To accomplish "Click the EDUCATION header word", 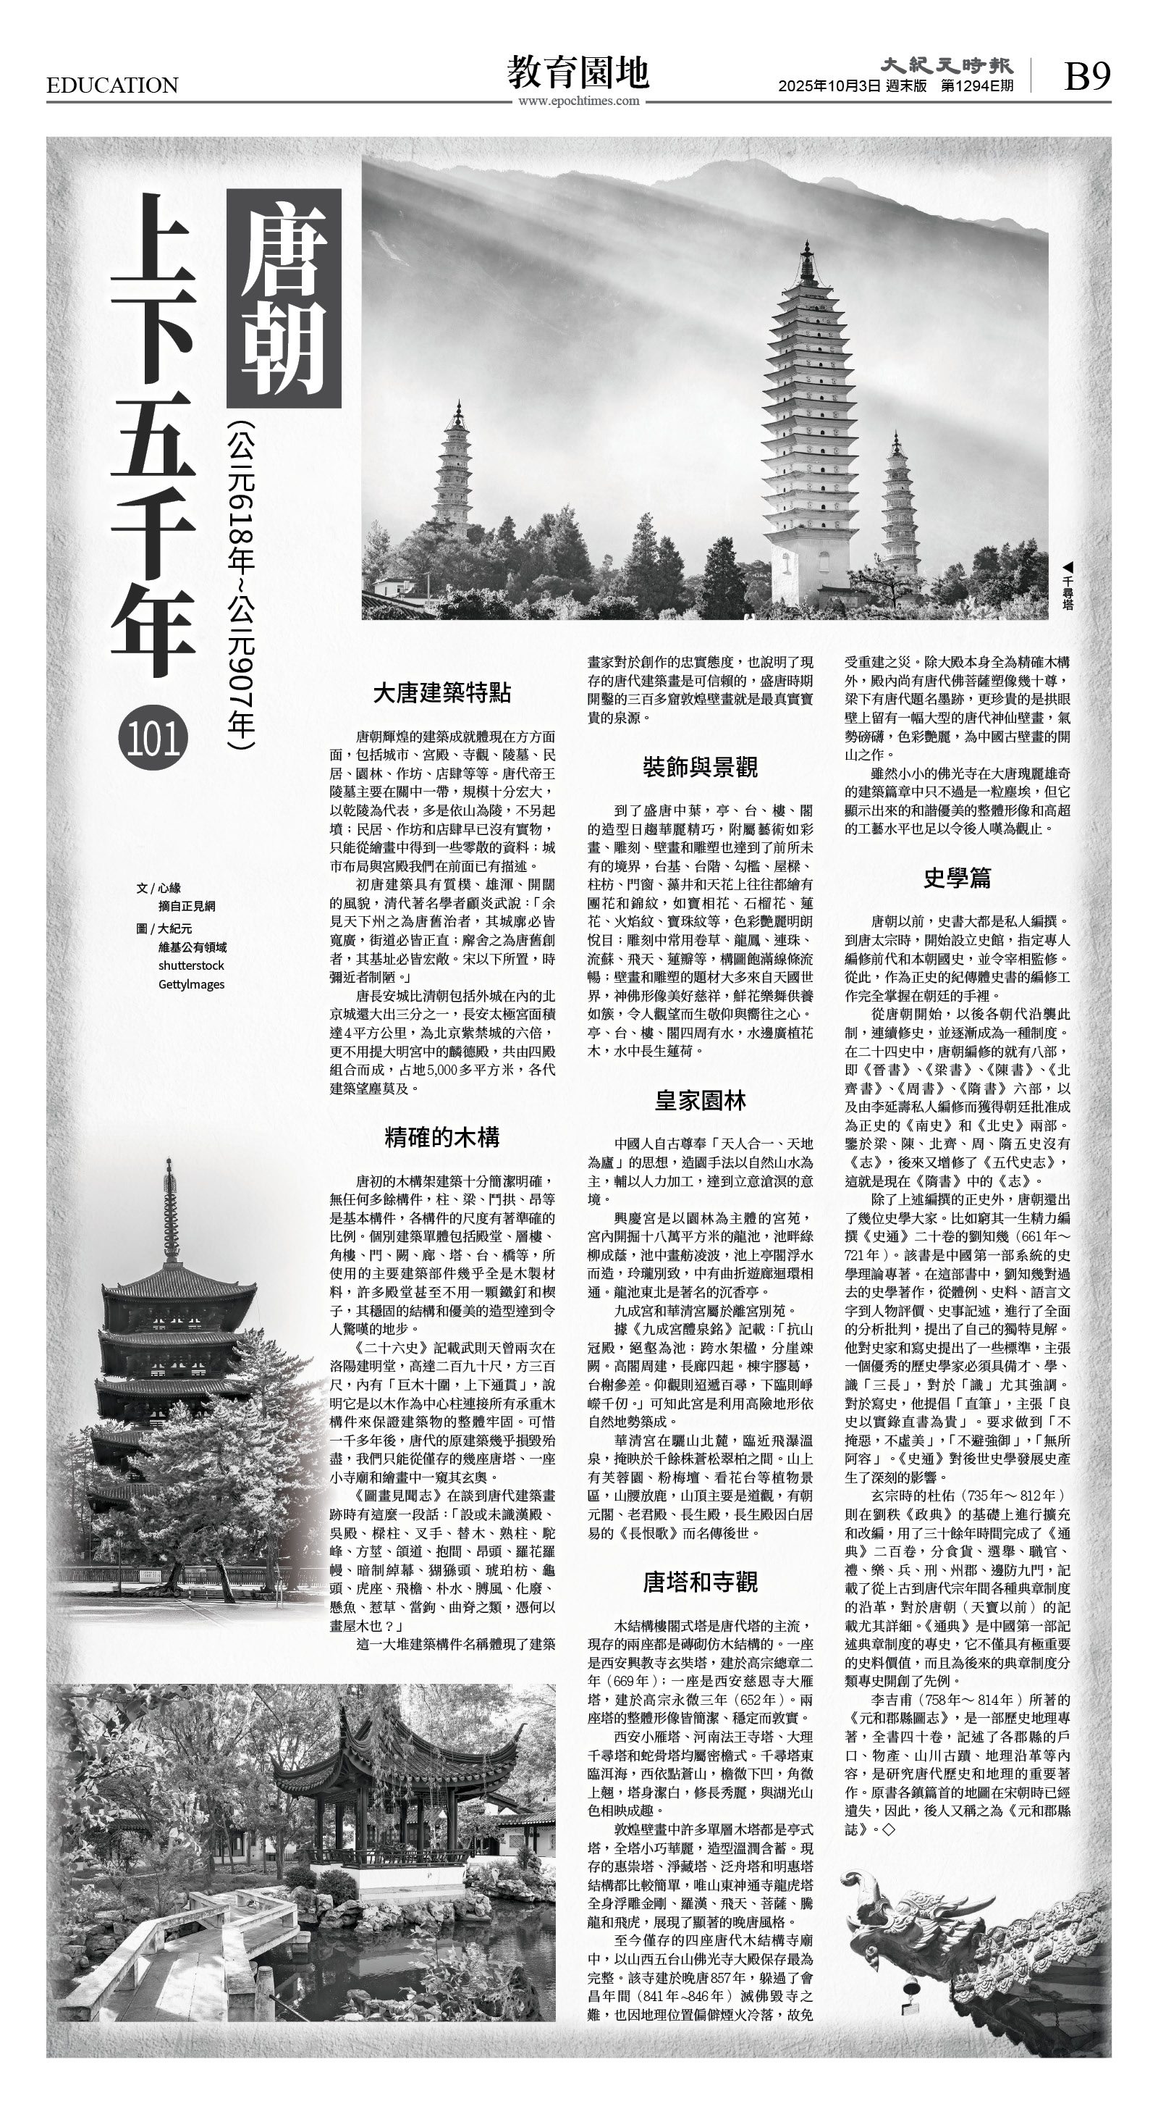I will tap(112, 85).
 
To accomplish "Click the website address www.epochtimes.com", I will tap(578, 101).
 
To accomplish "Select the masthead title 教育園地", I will tap(578, 72).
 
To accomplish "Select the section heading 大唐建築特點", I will tap(442, 693).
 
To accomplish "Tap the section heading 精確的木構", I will tap(442, 1137).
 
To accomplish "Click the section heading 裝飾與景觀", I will tap(700, 767).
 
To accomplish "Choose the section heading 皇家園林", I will tap(700, 1100).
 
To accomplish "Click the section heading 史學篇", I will tap(957, 878).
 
